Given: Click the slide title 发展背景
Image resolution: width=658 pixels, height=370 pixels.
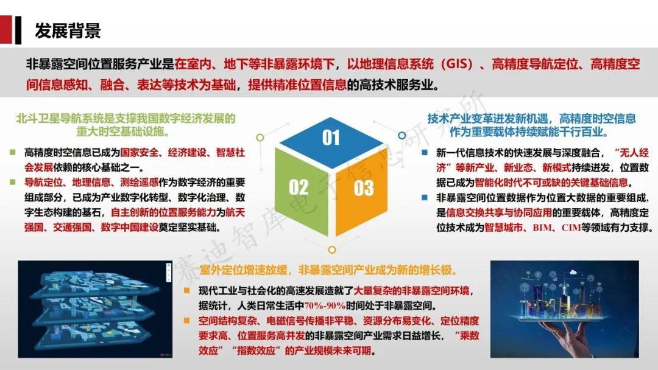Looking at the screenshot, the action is pyautogui.click(x=68, y=30).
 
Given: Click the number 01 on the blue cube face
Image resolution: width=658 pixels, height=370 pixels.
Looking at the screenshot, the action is pyautogui.click(x=331, y=138).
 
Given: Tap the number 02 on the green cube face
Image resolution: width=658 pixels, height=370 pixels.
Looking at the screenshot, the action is pyautogui.click(x=299, y=187).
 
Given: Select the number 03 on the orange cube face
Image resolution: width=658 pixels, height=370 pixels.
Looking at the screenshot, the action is pyautogui.click(x=363, y=188).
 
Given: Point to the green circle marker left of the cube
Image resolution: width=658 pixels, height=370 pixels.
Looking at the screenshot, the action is pyautogui.click(x=260, y=138).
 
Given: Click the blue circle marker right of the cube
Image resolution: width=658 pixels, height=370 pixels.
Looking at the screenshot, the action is pyautogui.click(x=402, y=135).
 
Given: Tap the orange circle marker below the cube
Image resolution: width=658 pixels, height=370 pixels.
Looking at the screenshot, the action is pyautogui.click(x=331, y=250).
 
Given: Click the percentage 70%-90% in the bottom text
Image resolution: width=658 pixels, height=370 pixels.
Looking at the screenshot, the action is pyautogui.click(x=324, y=305).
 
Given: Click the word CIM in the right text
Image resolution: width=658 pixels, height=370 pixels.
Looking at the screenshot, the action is pyautogui.click(x=571, y=228).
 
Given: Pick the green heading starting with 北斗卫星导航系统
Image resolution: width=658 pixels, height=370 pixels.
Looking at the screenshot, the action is pyautogui.click(x=126, y=125).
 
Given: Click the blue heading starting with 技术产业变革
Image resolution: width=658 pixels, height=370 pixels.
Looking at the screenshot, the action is pyautogui.click(x=531, y=125).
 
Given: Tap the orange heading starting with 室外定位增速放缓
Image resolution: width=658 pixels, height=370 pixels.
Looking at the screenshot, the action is pyautogui.click(x=328, y=270).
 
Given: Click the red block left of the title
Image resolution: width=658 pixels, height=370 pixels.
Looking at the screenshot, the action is pyautogui.click(x=6, y=29).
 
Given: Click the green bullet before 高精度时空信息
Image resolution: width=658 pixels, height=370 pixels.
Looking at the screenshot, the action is pyautogui.click(x=13, y=152).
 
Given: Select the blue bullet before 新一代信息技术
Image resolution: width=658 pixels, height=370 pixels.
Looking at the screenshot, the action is pyautogui.click(x=425, y=153).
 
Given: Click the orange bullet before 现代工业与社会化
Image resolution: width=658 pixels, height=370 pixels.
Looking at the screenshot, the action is pyautogui.click(x=187, y=290).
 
